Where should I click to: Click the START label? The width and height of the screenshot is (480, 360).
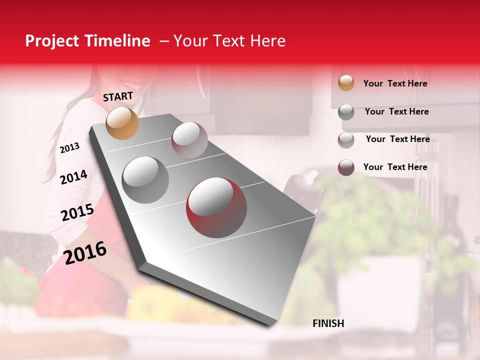118,96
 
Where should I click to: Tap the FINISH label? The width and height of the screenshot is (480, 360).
328,323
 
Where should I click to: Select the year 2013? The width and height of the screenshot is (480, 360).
70,148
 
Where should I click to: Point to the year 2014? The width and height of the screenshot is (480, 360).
74,177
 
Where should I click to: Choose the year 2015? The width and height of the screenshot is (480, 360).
77,212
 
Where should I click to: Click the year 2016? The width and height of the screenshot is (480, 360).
85,252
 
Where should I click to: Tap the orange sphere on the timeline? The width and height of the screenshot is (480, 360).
122,123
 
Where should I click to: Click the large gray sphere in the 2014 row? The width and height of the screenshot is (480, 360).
145,179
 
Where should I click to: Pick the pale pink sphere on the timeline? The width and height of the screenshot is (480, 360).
189,140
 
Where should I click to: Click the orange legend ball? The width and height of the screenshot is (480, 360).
346,83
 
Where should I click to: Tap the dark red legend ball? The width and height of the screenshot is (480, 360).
346,167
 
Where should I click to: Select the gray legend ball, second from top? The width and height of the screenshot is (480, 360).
346,112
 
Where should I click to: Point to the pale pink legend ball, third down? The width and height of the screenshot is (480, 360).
346,140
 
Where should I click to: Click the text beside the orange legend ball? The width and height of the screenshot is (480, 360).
395,83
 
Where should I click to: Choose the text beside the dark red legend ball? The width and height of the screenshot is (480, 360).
395,167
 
